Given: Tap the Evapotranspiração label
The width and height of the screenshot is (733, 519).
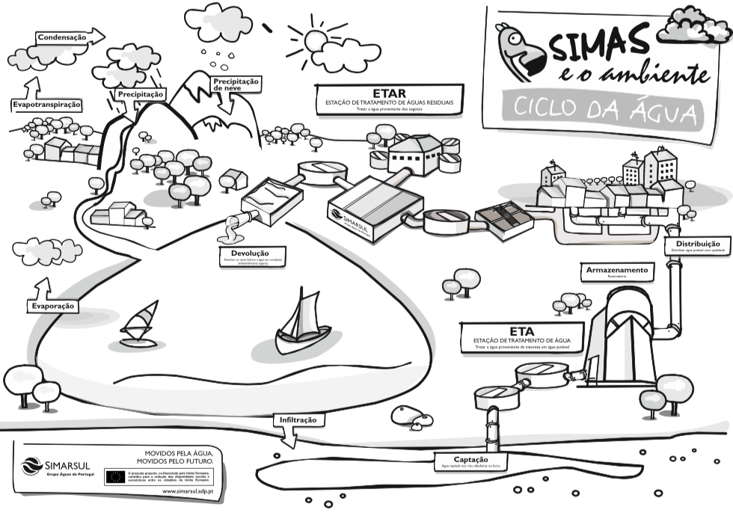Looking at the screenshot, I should pos(46,105).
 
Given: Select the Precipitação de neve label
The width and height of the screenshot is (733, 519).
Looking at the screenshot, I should pos(236,84).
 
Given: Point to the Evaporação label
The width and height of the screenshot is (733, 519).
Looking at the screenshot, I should pos(54,307).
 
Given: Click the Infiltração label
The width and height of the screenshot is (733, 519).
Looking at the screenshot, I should pos(298,420).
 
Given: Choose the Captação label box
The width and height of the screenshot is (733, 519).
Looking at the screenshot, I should pos(471,462).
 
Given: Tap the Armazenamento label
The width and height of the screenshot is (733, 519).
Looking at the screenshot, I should pos(617,271).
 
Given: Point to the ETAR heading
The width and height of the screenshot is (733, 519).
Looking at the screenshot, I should pos(388,93).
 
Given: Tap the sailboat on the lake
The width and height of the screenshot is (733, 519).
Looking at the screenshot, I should pos(304,327).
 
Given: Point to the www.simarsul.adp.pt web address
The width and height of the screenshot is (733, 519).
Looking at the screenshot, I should pos(188,491).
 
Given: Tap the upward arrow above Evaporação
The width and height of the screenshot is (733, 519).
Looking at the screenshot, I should pos(43,287).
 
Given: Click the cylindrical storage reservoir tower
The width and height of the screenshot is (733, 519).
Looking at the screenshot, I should pos(621,337).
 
